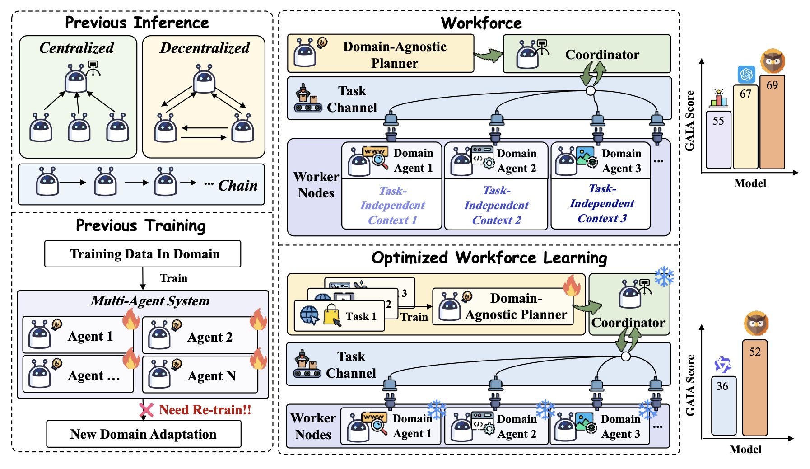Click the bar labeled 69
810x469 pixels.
tap(772, 122)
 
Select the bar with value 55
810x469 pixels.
tap(718, 140)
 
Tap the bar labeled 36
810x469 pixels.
tap(724, 406)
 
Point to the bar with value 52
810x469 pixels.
tap(755, 388)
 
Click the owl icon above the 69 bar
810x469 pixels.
tap(773, 61)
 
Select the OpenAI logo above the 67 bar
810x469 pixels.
tap(746, 74)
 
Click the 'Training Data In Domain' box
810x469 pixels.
tap(143, 254)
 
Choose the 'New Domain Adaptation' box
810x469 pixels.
tap(144, 434)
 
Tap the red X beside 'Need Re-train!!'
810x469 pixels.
tap(146, 410)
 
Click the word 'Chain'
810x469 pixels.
tap(237, 185)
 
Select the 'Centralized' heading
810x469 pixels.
tap(77, 47)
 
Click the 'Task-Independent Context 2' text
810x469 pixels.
tap(496, 205)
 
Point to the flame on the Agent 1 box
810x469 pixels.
tap(131, 319)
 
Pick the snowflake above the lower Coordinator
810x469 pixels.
tap(664, 277)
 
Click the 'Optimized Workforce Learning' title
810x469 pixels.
tap(489, 258)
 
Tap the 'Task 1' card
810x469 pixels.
tap(339, 316)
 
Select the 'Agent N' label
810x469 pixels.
tap(212, 376)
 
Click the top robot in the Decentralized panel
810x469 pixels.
tap(204, 79)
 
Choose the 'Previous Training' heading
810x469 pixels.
tap(141, 225)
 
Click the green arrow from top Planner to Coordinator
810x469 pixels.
tap(489, 56)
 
